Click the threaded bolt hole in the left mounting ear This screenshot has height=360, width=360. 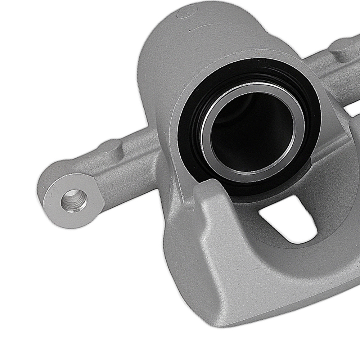[x=74, y=201]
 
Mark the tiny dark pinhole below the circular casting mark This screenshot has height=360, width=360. [x=190, y=31]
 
